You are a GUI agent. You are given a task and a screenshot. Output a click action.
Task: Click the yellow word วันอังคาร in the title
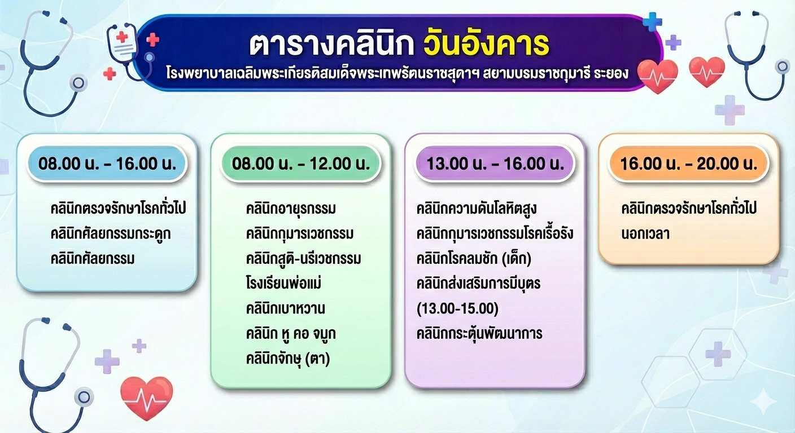[486, 45]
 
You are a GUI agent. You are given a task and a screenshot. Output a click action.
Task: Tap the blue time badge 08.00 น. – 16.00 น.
[107, 164]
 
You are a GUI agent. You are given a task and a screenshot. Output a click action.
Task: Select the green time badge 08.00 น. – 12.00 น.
[300, 164]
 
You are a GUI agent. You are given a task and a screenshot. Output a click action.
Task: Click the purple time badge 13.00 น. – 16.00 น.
[495, 164]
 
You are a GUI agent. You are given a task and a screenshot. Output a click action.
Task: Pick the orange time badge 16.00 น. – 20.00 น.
[688, 164]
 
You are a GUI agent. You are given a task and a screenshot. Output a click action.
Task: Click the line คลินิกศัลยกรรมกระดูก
[111, 234]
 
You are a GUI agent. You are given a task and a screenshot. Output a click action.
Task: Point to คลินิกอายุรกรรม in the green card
[291, 209]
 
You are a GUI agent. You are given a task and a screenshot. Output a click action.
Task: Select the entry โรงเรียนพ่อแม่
[283, 284]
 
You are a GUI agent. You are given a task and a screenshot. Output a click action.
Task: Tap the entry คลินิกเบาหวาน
[285, 308]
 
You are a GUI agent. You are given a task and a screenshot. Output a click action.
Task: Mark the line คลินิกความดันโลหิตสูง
[476, 209]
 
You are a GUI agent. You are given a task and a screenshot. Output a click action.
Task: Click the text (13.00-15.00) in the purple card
[457, 308]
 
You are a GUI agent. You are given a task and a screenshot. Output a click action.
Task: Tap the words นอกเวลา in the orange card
[645, 234]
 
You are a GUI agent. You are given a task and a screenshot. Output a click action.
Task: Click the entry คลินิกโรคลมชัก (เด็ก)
[474, 259]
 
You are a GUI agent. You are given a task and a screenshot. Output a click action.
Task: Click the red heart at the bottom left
[147, 397]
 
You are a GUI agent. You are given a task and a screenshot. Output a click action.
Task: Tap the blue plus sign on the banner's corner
[652, 22]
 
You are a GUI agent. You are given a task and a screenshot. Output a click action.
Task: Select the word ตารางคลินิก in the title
[331, 45]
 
